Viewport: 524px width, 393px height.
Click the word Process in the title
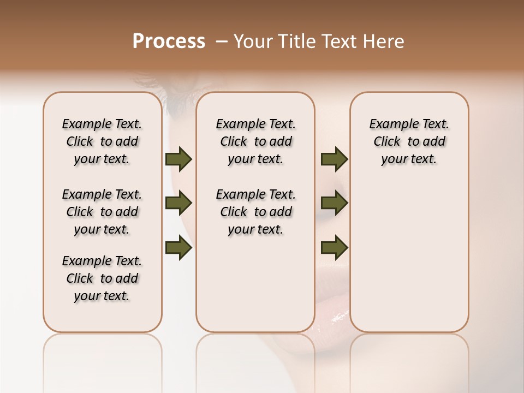pyautogui.click(x=169, y=41)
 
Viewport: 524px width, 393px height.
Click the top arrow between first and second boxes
pyautogui.click(x=178, y=159)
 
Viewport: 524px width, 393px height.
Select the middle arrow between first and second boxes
pyautogui.click(x=178, y=204)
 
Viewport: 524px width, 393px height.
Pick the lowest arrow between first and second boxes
pyautogui.click(x=178, y=248)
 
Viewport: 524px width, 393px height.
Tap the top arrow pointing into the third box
pyautogui.click(x=334, y=159)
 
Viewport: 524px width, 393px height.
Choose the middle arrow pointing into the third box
pyautogui.click(x=334, y=204)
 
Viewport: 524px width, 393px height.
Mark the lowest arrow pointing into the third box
pyautogui.click(x=334, y=248)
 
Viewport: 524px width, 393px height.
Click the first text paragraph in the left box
pyautogui.click(x=102, y=141)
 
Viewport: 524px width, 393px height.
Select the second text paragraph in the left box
pyautogui.click(x=102, y=212)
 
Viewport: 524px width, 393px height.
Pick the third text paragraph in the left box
pyautogui.click(x=102, y=278)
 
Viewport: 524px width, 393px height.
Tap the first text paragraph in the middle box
pyautogui.click(x=255, y=141)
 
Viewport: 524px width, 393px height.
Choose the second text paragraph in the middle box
pyautogui.click(x=255, y=212)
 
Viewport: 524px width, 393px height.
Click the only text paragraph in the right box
pyautogui.click(x=409, y=141)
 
